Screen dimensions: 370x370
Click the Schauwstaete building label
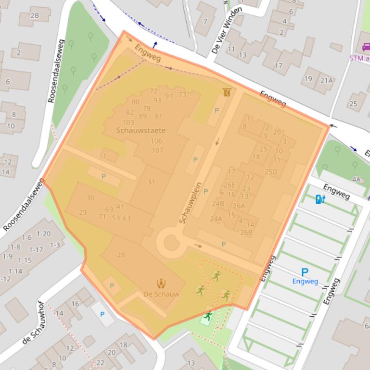(140, 130)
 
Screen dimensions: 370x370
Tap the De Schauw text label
(161, 294)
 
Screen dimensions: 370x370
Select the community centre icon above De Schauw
(161, 284)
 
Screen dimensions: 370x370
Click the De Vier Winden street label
(226, 30)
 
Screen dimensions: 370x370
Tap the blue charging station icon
(319, 198)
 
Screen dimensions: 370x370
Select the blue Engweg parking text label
(305, 281)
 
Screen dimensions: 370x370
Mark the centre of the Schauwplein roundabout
(171, 242)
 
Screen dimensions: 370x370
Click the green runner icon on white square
(208, 316)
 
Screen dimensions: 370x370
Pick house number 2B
(35, 15)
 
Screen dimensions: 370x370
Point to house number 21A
(326, 80)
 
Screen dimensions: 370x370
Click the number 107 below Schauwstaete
(157, 150)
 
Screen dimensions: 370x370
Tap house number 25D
(271, 172)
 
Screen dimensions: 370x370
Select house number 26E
(230, 185)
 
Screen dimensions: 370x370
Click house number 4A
(356, 179)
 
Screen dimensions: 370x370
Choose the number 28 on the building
(121, 255)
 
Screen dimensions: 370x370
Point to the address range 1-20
(43, 234)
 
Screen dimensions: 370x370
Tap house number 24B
(218, 203)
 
